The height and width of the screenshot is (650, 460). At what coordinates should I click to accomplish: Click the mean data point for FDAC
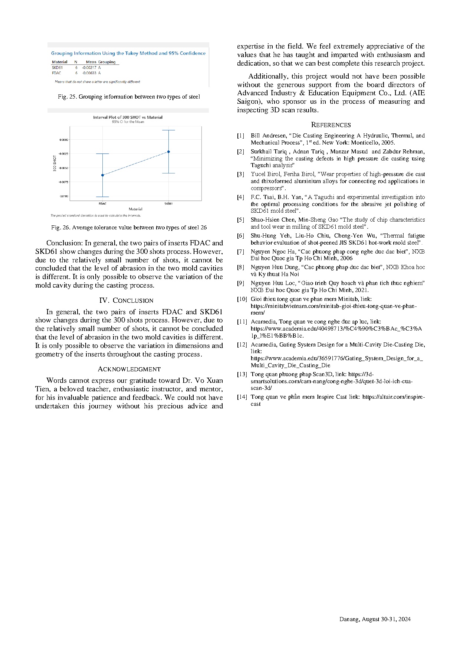tap(102, 175)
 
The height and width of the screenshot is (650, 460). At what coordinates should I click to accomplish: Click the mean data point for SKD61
tap(168, 152)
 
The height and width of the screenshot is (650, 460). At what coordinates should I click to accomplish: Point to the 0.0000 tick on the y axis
tap(64, 140)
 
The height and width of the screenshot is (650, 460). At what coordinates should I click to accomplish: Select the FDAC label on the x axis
tap(102, 203)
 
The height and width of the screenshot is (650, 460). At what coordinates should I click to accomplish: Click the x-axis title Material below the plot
tap(135, 209)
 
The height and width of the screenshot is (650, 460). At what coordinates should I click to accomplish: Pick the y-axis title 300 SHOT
tap(55, 163)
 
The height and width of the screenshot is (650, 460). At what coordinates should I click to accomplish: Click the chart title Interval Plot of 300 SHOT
tap(128, 117)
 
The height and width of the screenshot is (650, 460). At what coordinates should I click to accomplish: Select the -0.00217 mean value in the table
tap(89, 68)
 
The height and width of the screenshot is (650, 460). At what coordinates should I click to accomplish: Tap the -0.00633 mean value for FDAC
tap(89, 73)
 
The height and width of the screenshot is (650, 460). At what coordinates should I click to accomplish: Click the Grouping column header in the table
tap(107, 62)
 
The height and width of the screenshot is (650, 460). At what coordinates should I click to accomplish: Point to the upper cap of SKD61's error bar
tap(168, 130)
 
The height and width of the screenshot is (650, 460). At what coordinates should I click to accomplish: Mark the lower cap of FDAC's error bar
tap(102, 197)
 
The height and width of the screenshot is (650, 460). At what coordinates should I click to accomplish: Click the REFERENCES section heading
tap(331, 125)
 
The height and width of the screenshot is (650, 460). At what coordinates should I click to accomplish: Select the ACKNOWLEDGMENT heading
tap(129, 369)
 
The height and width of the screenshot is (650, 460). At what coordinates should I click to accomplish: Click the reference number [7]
tap(241, 252)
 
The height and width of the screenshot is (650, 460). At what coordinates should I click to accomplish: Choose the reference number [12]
tap(242, 345)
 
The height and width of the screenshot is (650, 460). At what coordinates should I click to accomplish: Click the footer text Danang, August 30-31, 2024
tap(375, 619)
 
